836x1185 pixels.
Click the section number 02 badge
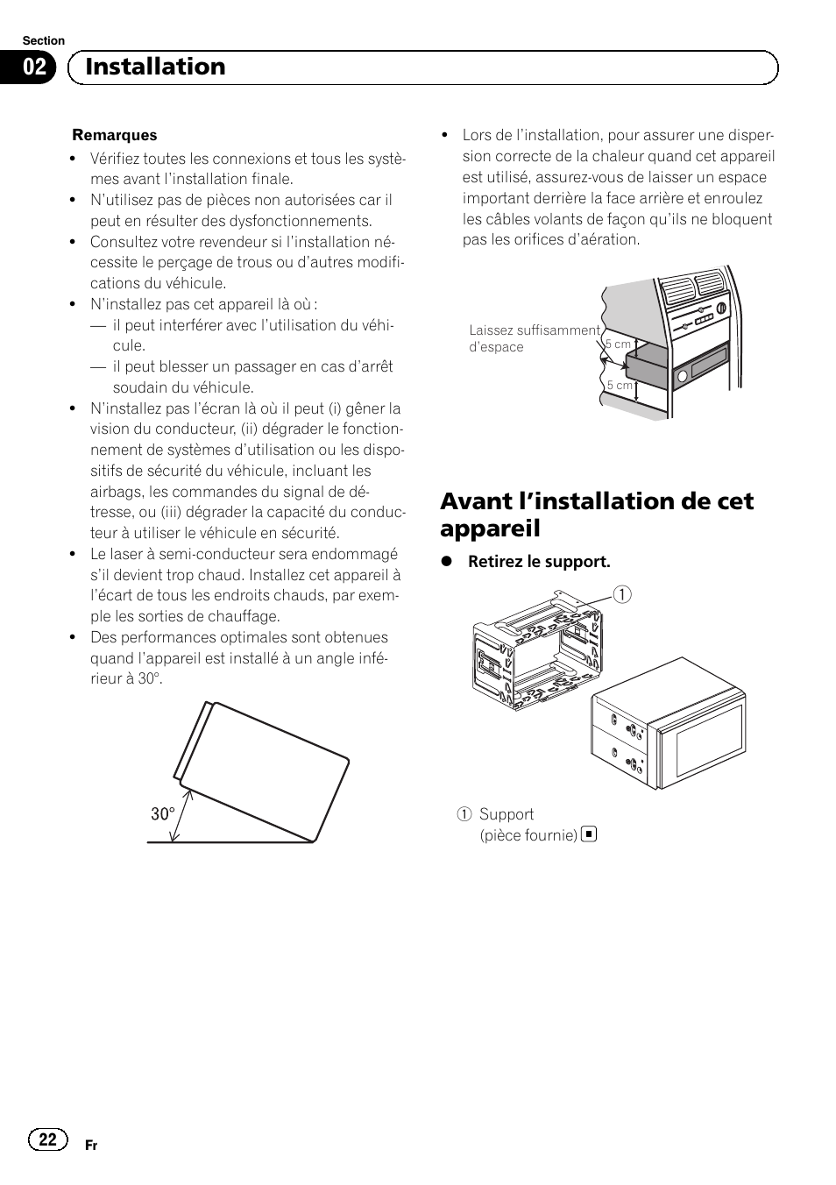coord(34,67)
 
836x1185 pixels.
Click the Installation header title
coord(155,67)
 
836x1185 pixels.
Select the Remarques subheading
coord(115,135)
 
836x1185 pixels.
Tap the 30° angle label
coord(162,814)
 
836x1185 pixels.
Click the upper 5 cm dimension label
coord(619,344)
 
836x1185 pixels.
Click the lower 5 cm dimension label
coord(620,385)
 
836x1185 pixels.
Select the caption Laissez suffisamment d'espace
coord(535,338)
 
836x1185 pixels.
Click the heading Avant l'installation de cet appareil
coord(596,514)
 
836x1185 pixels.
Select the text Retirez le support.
coord(538,562)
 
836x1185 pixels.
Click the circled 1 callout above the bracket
coord(623,594)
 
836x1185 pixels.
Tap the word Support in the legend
coord(507,814)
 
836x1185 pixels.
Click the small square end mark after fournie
coord(589,834)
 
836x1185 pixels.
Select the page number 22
coord(48,1139)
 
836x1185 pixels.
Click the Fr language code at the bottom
coord(91,1146)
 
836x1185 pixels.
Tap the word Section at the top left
coord(43,40)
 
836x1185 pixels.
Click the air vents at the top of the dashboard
coord(692,287)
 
